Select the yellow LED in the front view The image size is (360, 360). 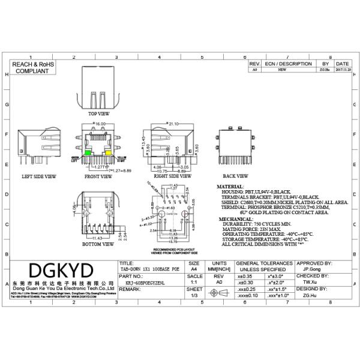point(109,154)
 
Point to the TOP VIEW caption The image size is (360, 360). point(99,113)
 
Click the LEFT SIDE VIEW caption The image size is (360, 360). point(38,177)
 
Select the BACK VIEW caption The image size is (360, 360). point(235,176)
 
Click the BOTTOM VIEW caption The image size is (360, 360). point(98,244)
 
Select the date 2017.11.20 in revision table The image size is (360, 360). point(343,70)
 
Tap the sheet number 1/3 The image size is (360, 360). point(194,295)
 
